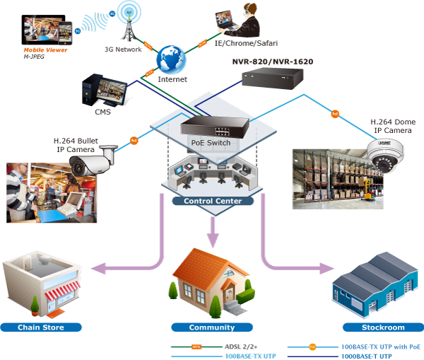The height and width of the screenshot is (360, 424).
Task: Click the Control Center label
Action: [212, 201]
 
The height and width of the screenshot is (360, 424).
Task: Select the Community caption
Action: [211, 327]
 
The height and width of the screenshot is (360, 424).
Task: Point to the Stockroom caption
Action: [384, 327]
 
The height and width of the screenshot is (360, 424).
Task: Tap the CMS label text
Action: [103, 111]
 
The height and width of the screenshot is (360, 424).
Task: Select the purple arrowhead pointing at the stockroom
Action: [326, 269]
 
